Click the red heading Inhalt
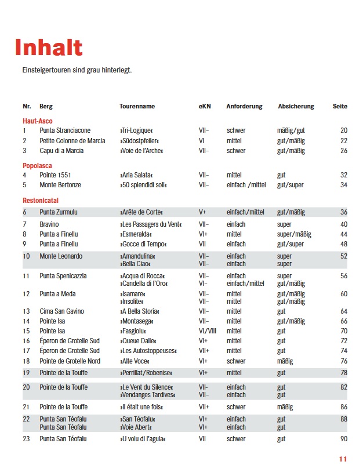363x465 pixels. tap(49, 48)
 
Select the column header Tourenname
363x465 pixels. tap(137, 107)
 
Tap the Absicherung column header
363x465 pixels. tap(296, 107)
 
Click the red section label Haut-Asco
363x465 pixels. tap(38, 121)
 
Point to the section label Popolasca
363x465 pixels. tap(38, 165)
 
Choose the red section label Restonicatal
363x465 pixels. tap(41, 200)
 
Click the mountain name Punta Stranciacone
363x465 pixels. tap(65, 130)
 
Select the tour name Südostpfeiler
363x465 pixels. tap(139, 141)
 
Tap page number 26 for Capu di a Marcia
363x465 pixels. tap(344, 151)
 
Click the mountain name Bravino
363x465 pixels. tap(49, 224)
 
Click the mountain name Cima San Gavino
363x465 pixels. tap(62, 311)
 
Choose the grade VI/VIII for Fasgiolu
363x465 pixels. tap(207, 331)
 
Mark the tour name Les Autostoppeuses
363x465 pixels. tap(148, 351)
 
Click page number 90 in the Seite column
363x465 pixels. tap(344, 439)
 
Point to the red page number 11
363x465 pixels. tap(343, 459)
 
